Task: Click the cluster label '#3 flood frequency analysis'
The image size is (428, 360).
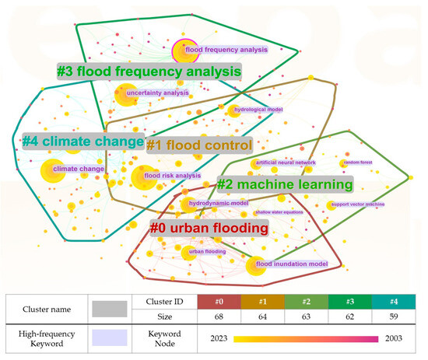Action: (x=148, y=72)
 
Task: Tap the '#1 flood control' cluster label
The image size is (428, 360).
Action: (x=200, y=145)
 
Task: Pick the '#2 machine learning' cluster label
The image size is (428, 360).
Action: (x=284, y=184)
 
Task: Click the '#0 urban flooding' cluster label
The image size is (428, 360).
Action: (x=209, y=228)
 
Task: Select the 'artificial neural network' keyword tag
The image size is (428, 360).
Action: (x=286, y=163)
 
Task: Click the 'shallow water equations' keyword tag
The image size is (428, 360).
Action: (x=279, y=211)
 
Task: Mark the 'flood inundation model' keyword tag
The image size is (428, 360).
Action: (x=291, y=264)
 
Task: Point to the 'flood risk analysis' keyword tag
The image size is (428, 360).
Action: (x=173, y=176)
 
